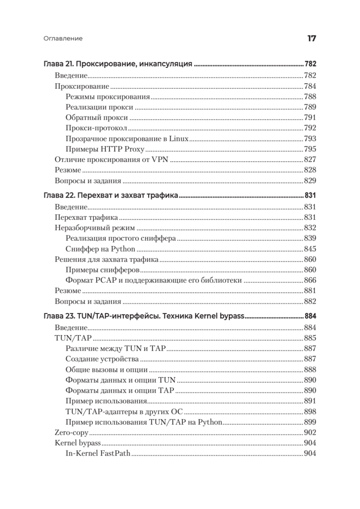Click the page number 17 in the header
pos(311,39)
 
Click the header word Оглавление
pos(63,39)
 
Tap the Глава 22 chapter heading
pos(110,196)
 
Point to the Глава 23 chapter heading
pos(145,316)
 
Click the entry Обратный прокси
pos(97,117)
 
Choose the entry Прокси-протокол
pos(97,128)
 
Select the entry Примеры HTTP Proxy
pos(105,149)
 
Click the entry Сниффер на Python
pos(100,249)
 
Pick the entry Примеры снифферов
pos(103,270)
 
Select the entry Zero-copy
pos(71,432)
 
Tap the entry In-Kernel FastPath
pos(98,453)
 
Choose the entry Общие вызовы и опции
pos(106,369)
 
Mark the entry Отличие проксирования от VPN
pos(112,159)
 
